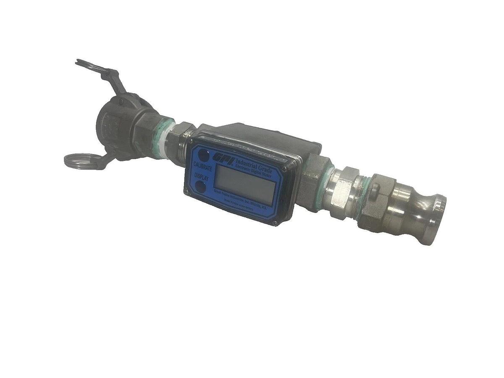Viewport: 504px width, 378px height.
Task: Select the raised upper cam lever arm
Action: click(x=99, y=70)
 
